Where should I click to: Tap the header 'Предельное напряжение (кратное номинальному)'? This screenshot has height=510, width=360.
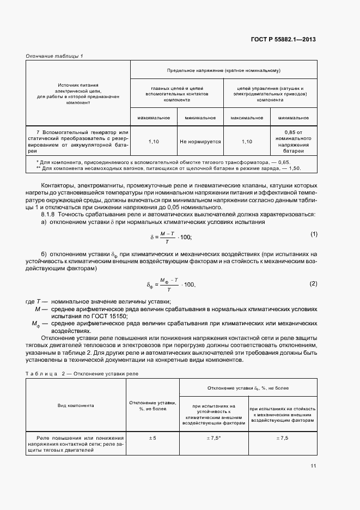(223, 70)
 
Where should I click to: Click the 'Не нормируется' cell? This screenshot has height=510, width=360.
(200, 141)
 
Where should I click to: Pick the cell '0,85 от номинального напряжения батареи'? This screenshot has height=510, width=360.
(293, 141)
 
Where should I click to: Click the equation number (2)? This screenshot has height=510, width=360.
(314, 284)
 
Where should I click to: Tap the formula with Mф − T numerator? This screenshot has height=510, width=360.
(170, 284)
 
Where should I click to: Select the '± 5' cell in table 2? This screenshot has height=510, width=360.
(152, 438)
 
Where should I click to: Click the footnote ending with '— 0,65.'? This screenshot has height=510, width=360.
(163, 162)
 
